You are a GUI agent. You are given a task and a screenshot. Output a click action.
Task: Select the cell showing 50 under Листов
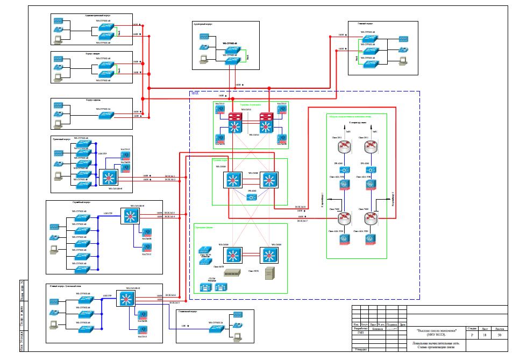pyautogui.click(x=500, y=335)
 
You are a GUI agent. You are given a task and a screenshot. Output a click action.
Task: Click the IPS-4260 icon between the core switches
pyautogui.click(x=251, y=197)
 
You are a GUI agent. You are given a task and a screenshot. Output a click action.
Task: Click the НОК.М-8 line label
pyautogui.click(x=300, y=207)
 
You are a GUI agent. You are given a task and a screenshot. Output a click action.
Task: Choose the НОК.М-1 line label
pyautogui.click(x=169, y=176)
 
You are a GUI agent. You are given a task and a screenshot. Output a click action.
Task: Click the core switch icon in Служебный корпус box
pyautogui.click(x=130, y=216)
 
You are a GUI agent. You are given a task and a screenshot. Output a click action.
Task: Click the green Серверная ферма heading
pyautogui.click(x=205, y=228)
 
